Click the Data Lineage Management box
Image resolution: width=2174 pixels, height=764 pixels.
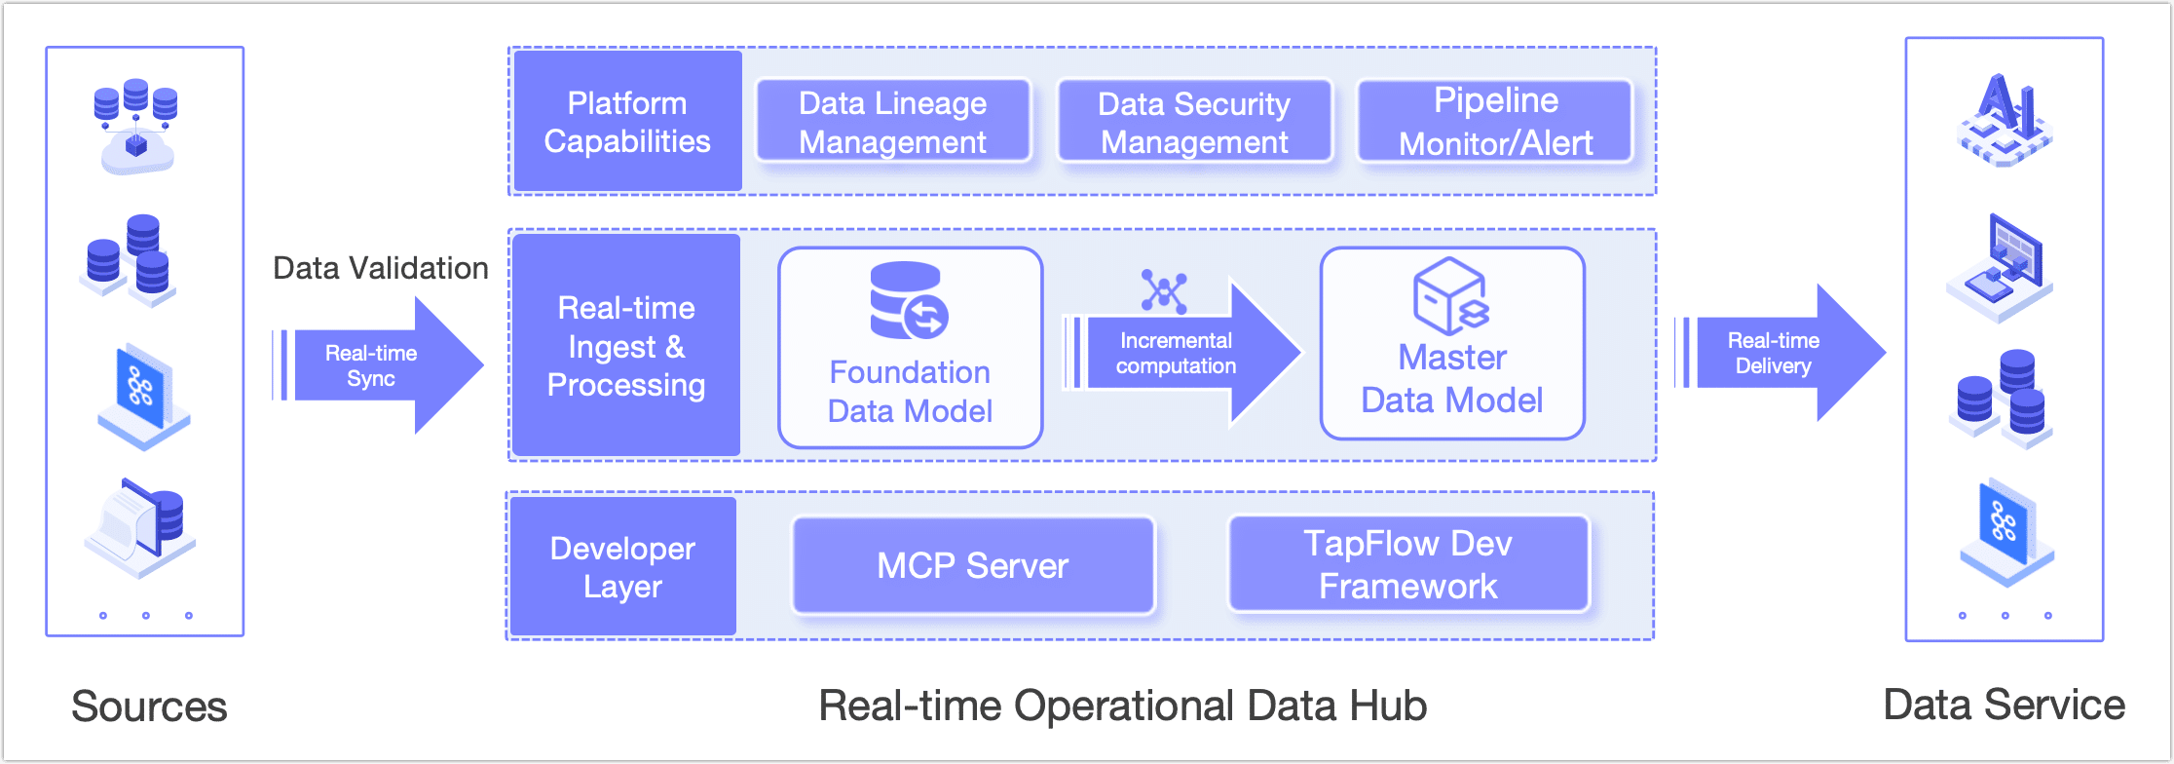coord(893,122)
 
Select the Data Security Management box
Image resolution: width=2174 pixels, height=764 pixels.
coord(1194,122)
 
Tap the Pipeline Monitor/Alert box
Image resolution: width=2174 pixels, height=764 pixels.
coord(1495,122)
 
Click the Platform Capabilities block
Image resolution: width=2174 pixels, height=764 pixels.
coord(627,122)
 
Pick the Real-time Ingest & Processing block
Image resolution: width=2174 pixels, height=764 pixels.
coord(626,346)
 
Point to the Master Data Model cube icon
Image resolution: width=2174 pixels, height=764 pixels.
coord(1450,295)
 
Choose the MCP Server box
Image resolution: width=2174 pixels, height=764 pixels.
coord(973,565)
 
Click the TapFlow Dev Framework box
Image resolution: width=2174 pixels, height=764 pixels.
coord(1408,564)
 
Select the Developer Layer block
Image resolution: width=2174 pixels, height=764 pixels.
coord(622,567)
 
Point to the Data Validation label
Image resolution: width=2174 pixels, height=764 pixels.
coord(380,268)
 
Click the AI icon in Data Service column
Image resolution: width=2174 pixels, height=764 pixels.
coord(2005,120)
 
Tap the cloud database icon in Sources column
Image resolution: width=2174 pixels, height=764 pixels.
coord(136,127)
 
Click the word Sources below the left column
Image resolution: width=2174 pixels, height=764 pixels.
coord(149,707)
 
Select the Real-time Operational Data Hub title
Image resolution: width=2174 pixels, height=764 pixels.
coord(1122,706)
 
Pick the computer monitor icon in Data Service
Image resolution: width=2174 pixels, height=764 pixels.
coord(2002,267)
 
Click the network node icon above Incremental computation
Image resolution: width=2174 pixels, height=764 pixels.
coord(1164,291)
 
